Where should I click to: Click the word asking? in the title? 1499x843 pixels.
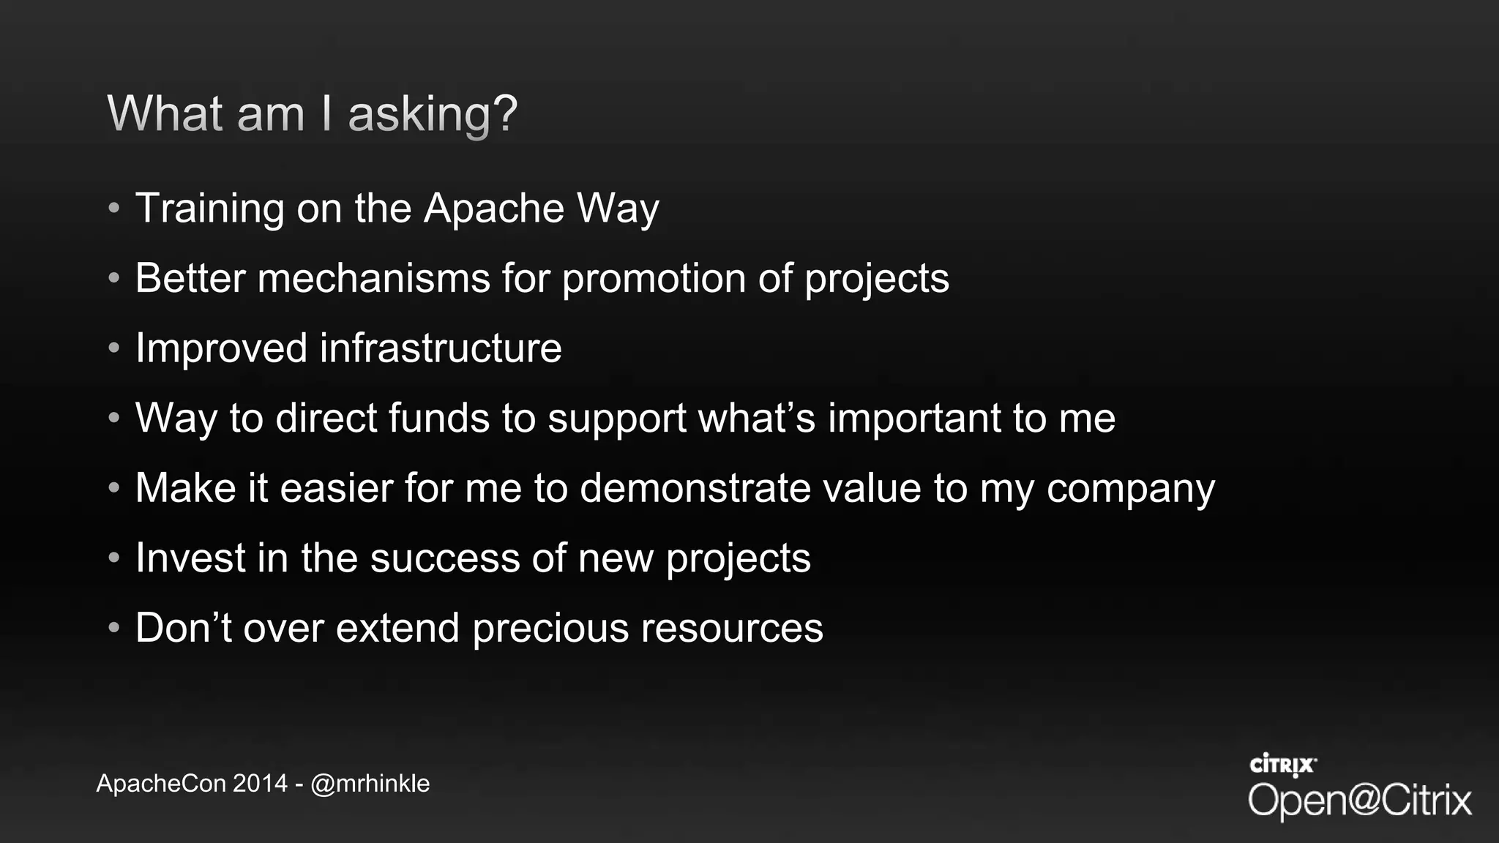click(432, 115)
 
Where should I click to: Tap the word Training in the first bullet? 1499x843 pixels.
click(209, 209)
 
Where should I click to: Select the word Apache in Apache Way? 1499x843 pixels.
click(493, 209)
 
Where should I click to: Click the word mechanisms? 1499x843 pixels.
click(373, 279)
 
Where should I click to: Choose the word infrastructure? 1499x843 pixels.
click(441, 348)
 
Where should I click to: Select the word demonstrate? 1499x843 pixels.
click(695, 488)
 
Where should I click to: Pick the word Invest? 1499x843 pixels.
click(190, 558)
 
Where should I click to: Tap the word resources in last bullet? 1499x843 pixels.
click(732, 629)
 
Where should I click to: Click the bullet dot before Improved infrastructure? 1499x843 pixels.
click(113, 348)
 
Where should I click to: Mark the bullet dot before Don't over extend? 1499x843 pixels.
click(113, 628)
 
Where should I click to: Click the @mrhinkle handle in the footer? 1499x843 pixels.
click(370, 784)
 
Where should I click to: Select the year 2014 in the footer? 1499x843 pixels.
click(260, 784)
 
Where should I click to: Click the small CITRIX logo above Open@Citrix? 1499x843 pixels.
click(1282, 765)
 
